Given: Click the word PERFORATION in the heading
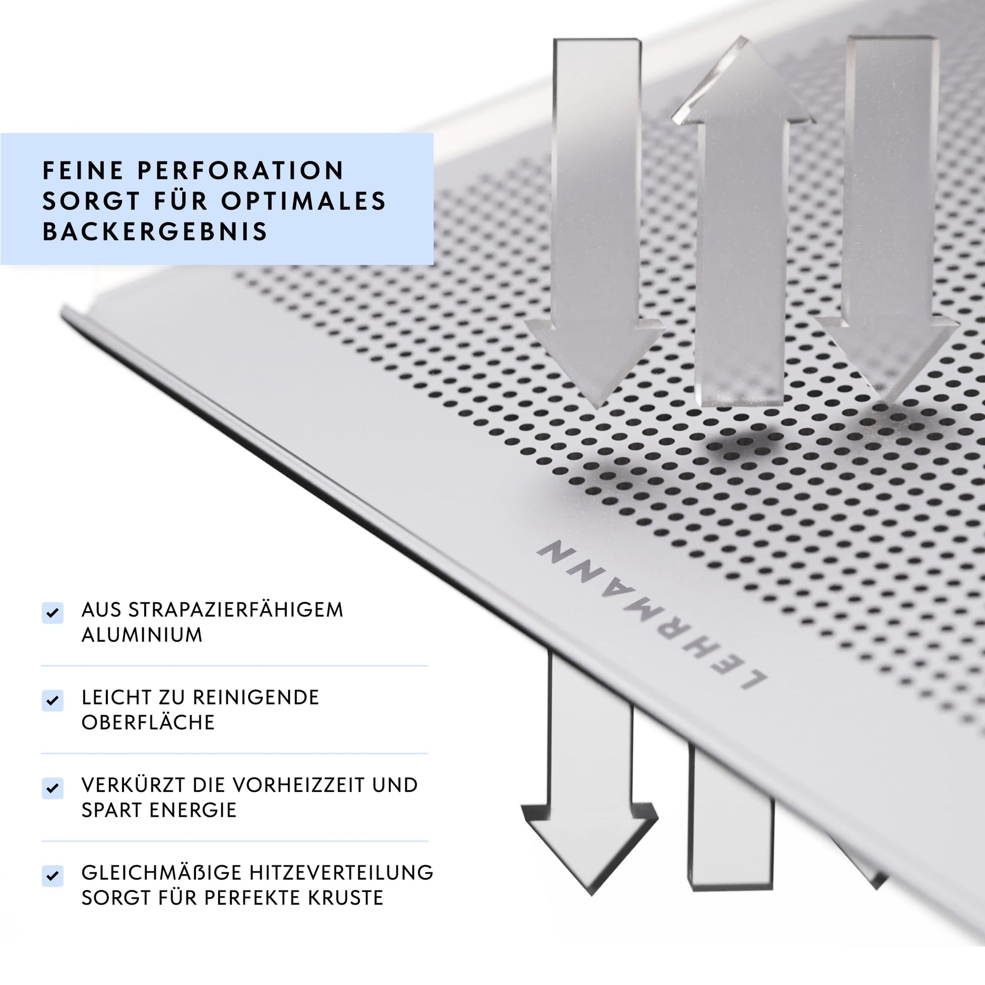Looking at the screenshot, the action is [241, 170].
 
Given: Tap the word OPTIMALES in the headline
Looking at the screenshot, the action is [304, 201].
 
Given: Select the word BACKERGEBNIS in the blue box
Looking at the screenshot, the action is [155, 231].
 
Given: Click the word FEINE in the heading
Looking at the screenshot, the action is [83, 170].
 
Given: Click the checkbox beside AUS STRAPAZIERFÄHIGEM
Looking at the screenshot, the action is [53, 613].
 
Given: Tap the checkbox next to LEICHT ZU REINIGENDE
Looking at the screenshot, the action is [53, 700].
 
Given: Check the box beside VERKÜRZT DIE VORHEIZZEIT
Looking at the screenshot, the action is [53, 788].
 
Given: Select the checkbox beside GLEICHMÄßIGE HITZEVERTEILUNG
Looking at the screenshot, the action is [53, 876].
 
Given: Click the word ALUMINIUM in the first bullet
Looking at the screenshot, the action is [142, 635].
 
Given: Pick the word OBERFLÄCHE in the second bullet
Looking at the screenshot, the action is [148, 722].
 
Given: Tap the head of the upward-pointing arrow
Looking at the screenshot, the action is [743, 82].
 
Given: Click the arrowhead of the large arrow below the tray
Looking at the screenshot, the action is [590, 849].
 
